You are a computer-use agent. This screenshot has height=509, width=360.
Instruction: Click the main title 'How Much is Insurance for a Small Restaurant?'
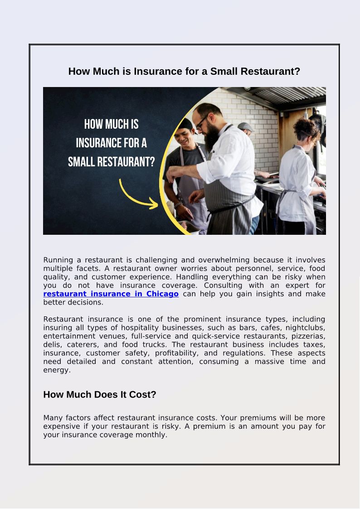point(184,71)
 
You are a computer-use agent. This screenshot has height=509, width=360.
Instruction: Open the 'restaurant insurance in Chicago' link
point(111,294)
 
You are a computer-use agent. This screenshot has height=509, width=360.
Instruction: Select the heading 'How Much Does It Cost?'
point(99,394)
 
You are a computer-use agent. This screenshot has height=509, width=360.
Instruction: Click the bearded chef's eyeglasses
point(202,121)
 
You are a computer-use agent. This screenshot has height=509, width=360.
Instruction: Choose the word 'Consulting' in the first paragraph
point(222,285)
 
